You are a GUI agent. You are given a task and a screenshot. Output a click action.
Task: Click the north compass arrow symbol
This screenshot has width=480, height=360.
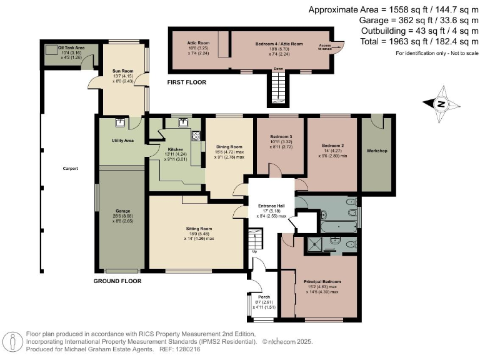coord(441,104)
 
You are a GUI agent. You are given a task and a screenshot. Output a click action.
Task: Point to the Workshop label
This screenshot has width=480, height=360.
coord(377,151)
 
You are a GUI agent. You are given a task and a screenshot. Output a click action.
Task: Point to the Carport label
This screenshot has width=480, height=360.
coord(70,169)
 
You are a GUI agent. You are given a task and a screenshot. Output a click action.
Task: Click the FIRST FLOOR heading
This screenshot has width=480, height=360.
coord(186,82)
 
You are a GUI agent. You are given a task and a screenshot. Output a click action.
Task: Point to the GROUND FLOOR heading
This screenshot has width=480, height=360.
coord(117,281)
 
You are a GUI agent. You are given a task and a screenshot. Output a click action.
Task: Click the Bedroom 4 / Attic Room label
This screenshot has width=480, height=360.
coord(279,44)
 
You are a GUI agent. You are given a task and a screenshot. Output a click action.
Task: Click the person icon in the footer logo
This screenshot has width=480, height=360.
coord(12,341)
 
